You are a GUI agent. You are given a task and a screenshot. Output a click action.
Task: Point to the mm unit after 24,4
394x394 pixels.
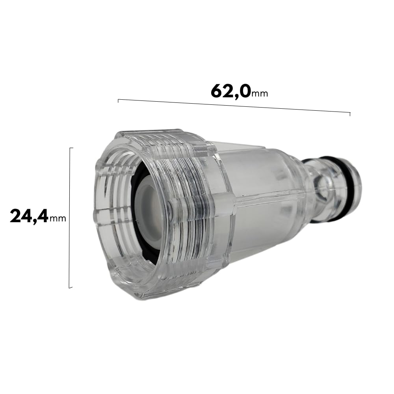click(x=58, y=219)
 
